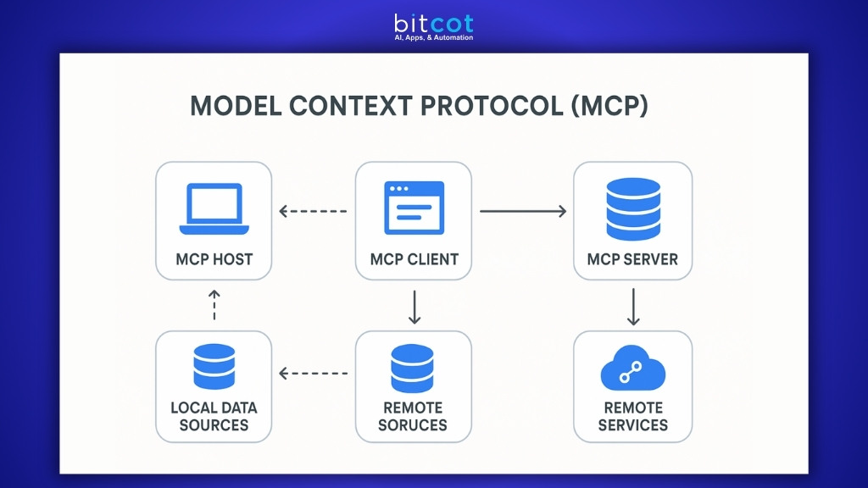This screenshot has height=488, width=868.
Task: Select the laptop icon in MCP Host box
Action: point(214,209)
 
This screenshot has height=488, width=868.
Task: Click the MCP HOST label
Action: point(214,259)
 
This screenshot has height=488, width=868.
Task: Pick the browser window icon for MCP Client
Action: point(414,208)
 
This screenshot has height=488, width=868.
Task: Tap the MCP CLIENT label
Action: point(414,259)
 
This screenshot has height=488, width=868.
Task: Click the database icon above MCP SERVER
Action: point(632,208)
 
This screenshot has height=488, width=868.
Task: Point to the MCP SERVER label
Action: point(632,259)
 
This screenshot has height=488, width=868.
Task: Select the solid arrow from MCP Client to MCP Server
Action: point(522,211)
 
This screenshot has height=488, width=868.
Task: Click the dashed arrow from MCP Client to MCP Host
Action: point(313,211)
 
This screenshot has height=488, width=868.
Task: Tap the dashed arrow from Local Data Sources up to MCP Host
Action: point(214,305)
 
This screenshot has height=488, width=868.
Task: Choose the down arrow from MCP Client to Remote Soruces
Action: point(415,307)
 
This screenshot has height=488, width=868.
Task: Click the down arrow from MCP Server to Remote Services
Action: point(633,307)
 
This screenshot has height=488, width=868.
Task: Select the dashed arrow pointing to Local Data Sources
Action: point(313,373)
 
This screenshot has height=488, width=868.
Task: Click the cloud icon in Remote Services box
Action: point(632,369)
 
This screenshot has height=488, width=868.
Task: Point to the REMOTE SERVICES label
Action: point(632,416)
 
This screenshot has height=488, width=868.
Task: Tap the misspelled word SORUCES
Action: point(413,425)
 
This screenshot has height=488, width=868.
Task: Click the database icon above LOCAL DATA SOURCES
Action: point(214,367)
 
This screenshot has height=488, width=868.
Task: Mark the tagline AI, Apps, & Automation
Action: point(433,38)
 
